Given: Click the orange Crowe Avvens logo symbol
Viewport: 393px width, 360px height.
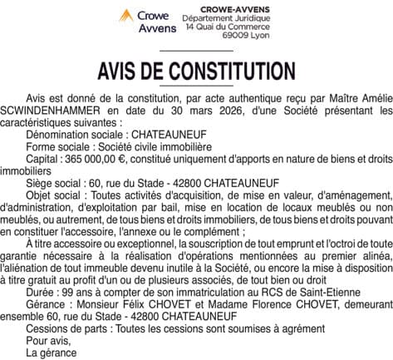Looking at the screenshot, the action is coord(127,16).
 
